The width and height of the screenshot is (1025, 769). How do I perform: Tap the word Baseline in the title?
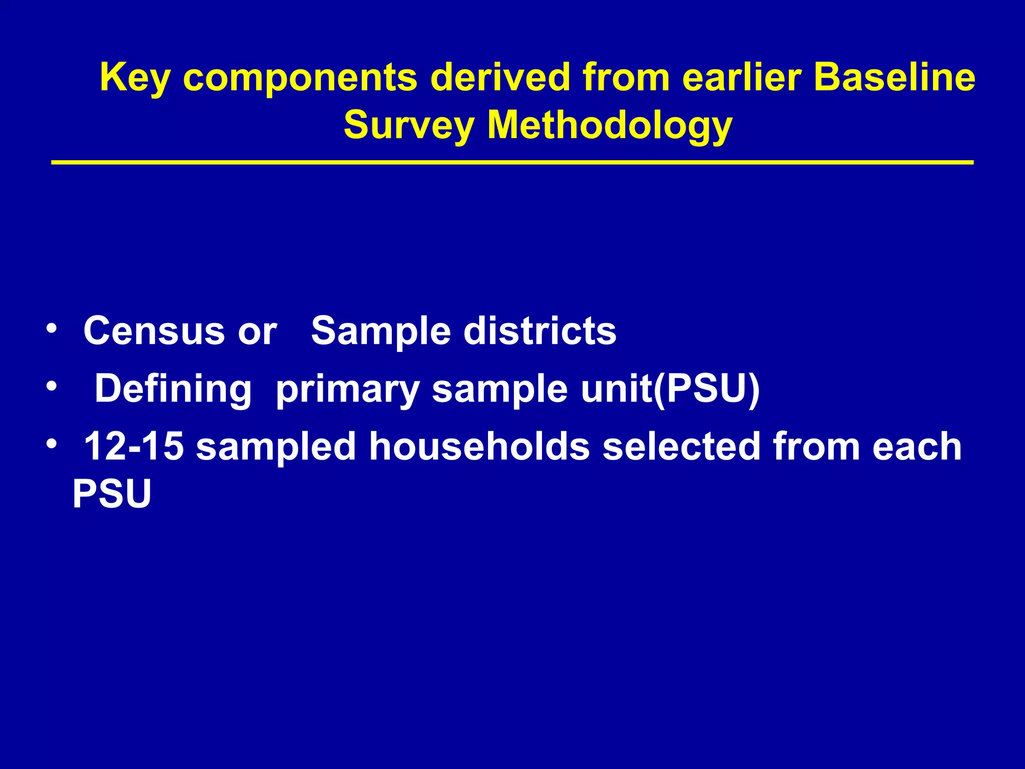click(894, 77)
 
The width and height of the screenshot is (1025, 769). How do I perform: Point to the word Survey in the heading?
click(408, 125)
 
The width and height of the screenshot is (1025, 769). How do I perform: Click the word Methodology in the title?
click(610, 125)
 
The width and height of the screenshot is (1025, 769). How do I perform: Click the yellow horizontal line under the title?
click(512, 163)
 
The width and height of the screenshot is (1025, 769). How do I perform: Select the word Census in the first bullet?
click(154, 331)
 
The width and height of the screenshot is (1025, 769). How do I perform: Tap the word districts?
click(540, 331)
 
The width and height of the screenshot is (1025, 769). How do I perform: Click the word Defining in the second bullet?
click(173, 389)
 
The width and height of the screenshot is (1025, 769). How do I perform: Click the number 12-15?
click(134, 446)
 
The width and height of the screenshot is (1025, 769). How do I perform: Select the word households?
click(479, 446)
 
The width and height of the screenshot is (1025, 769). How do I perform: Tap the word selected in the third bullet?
click(681, 446)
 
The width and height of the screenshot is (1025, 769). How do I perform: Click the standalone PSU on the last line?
click(112, 494)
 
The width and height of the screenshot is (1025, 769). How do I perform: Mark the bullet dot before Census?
click(51, 328)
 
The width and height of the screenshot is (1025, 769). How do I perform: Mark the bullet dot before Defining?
click(51, 387)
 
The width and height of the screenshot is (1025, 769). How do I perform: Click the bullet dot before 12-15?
click(51, 444)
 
